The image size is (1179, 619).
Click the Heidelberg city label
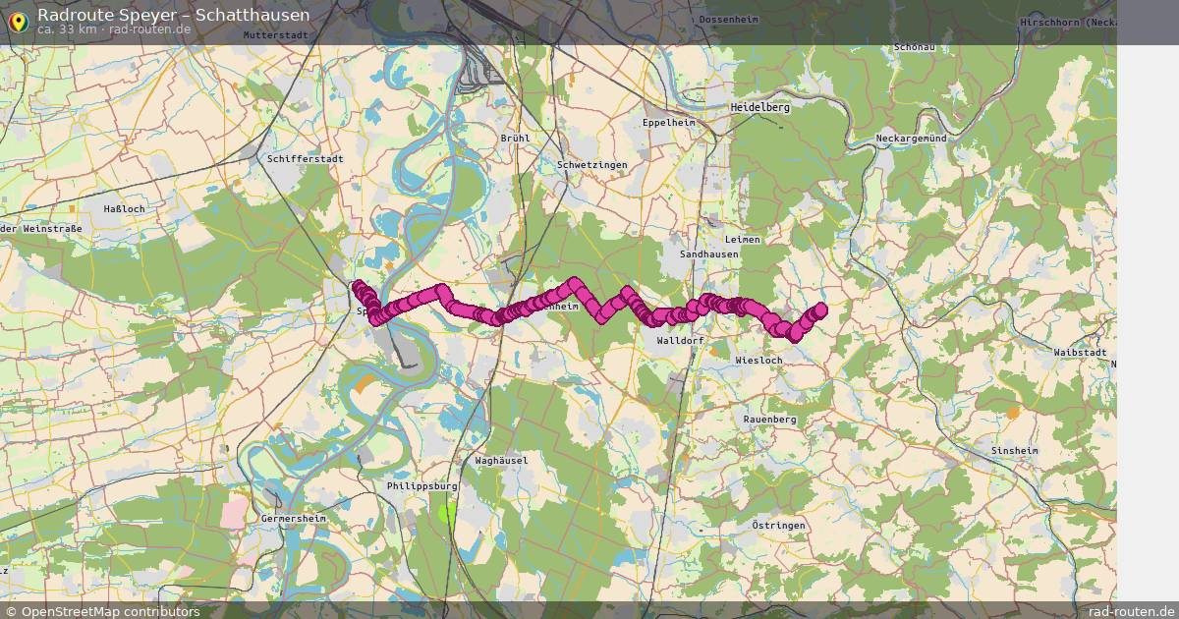point(759,107)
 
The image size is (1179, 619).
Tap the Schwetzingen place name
point(591,165)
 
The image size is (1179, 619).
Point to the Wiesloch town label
point(758,361)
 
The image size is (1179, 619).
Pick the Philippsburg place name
point(423,486)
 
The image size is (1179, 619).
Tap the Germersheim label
point(294,517)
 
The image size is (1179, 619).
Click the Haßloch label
point(124,209)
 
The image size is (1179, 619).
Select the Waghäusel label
point(501,460)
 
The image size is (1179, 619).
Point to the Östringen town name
point(778,526)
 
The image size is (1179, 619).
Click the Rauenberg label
point(769,419)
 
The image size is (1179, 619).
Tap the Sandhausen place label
point(708,253)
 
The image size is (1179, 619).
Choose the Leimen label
point(743,239)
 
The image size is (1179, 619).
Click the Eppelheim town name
point(667,123)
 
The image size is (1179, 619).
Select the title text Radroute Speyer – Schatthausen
point(173,15)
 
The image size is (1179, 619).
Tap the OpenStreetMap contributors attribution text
point(110,611)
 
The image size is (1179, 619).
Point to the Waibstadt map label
point(1079,352)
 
